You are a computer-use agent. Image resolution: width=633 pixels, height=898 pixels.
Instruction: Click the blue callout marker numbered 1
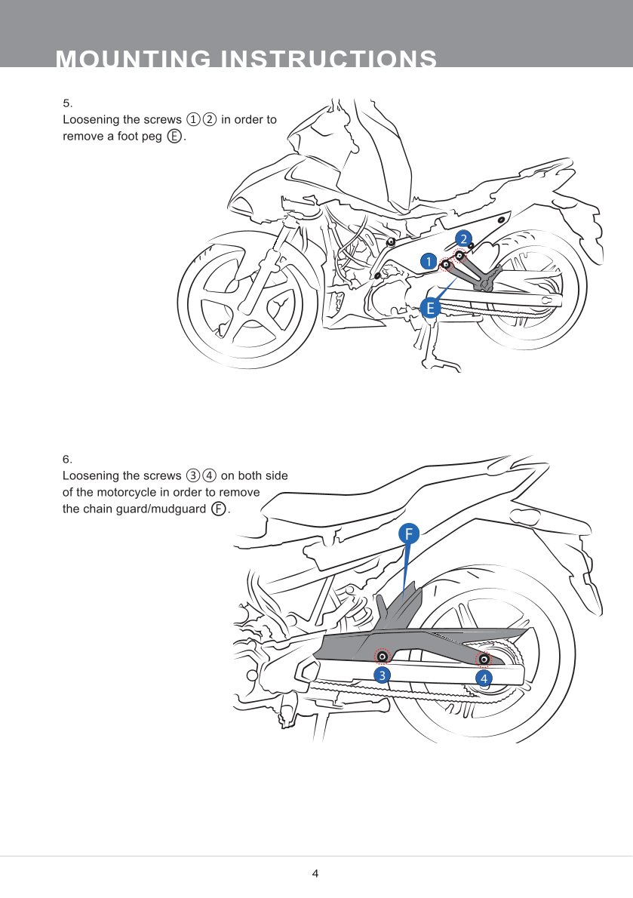point(429,261)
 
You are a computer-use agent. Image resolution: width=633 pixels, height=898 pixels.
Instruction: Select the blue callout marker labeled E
point(430,308)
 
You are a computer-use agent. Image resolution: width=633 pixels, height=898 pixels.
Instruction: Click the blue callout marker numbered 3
point(383,675)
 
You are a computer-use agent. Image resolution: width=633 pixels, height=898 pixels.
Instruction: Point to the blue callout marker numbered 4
point(484,678)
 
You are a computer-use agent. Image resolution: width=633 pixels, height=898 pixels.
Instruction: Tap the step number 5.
point(66,103)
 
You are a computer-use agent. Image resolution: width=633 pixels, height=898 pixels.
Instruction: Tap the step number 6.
point(66,459)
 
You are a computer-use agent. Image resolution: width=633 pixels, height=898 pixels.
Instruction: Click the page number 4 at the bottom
point(315,874)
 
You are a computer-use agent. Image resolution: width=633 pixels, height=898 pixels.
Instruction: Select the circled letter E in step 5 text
point(174,137)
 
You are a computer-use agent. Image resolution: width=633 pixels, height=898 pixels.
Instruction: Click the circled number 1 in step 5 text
point(193,120)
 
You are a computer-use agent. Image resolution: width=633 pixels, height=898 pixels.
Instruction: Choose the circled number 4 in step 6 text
point(209,475)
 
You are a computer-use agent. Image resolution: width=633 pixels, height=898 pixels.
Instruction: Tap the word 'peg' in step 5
point(152,137)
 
